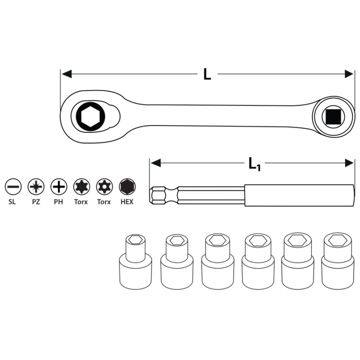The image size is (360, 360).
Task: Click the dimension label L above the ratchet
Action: (207, 74)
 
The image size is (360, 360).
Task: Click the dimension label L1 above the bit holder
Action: (255, 164)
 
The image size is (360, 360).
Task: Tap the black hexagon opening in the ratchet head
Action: (90, 117)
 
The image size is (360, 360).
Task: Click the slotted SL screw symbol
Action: (13, 187)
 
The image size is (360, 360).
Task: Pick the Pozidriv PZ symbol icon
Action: (36, 187)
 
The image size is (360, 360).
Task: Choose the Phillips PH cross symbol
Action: (59, 187)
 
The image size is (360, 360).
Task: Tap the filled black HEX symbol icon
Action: (127, 187)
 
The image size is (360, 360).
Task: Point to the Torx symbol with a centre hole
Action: (104, 187)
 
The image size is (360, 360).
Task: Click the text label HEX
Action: (127, 202)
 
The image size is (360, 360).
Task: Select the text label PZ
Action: (36, 202)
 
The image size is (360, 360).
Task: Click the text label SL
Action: (12, 202)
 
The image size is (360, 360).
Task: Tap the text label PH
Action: (58, 202)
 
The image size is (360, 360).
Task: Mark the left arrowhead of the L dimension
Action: (67, 74)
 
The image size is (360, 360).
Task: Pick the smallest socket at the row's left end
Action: (135, 262)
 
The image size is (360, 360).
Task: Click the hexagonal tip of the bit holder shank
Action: (158, 196)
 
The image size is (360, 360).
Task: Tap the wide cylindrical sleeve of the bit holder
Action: (299, 195)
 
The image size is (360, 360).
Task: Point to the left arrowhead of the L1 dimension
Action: (155, 163)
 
